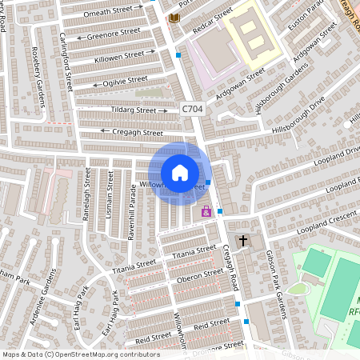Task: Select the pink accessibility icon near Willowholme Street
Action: (x=206, y=212)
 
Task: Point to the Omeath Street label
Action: (x=112, y=11)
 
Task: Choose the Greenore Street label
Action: (x=112, y=34)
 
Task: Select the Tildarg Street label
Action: (x=134, y=110)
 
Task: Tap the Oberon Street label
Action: (x=199, y=275)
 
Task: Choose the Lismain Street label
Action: (x=110, y=197)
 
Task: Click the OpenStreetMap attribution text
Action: (x=80, y=354)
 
